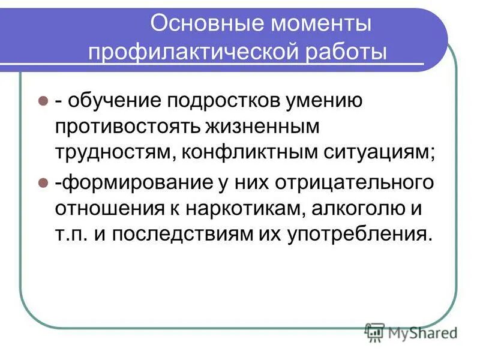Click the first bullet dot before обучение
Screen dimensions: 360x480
point(43,100)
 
